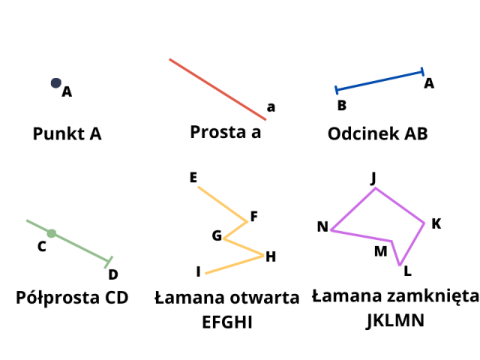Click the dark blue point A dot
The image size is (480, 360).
click(x=55, y=82)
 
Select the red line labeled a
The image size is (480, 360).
click(x=217, y=89)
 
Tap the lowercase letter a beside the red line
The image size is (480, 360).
click(x=271, y=107)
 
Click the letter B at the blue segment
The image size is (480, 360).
click(x=341, y=106)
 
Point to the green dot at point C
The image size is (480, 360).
click(x=51, y=233)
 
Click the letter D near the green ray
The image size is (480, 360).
click(x=113, y=275)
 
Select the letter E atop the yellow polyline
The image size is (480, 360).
click(x=193, y=178)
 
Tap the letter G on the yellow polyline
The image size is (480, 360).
click(x=217, y=235)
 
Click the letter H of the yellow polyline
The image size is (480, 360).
click(x=271, y=256)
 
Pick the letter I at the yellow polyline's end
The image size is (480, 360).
click(x=198, y=271)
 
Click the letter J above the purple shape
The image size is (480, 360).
click(x=373, y=177)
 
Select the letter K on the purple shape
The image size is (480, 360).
click(x=436, y=223)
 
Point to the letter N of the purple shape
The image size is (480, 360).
click(x=322, y=226)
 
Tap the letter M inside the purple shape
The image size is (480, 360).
click(x=381, y=250)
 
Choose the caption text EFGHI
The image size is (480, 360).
click(x=226, y=322)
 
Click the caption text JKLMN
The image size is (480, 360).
click(x=395, y=321)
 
